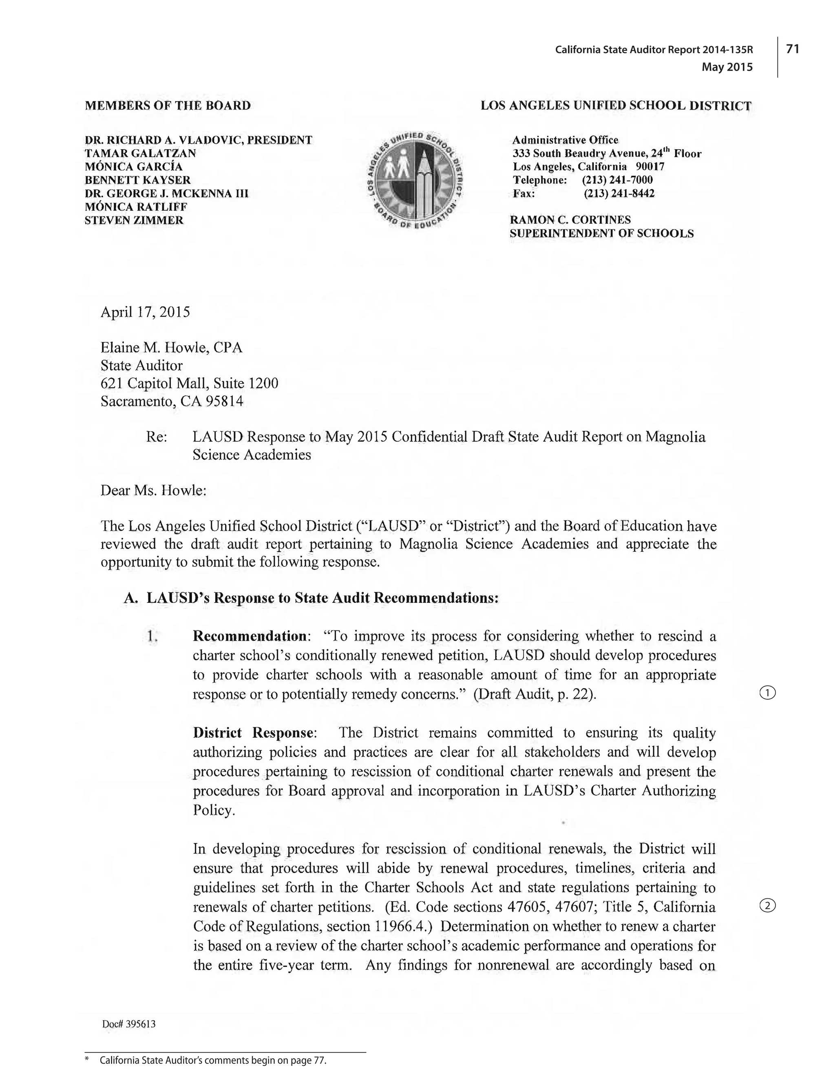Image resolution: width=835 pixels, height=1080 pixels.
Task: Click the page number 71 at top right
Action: pos(793,48)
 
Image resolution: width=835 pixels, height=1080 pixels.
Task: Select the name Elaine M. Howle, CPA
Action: pos(171,348)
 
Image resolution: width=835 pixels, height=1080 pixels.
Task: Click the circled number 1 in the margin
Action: pos(767,693)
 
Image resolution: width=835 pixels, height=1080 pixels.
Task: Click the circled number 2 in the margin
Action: pos(767,906)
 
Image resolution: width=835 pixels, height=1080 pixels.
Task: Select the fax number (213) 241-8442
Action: pos(619,193)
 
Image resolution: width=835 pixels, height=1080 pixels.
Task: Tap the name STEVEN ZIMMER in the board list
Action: pos(134,220)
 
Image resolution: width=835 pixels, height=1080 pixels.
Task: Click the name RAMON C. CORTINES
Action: pos(570,220)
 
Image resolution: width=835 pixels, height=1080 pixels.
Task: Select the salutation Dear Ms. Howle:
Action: pos(153,491)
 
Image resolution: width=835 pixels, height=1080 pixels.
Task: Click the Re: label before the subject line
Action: pos(157,436)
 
